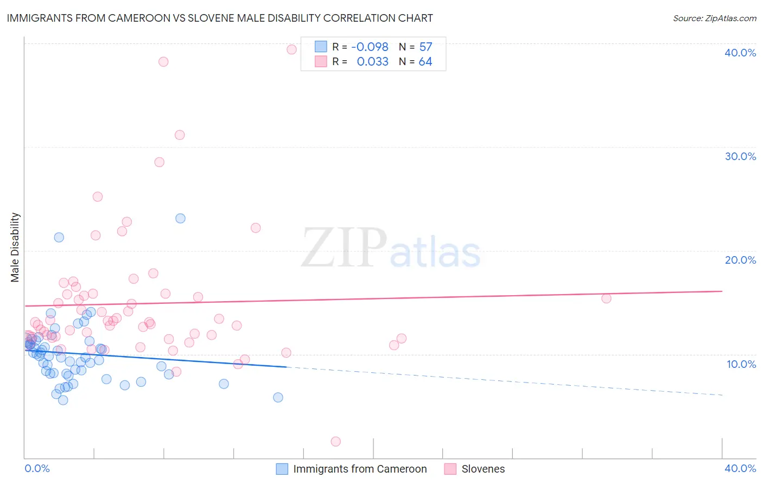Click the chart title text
[x=220, y=18]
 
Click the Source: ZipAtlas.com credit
[x=714, y=18]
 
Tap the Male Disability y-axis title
[x=15, y=247]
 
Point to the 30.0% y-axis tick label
[x=740, y=156]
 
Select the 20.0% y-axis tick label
[x=740, y=260]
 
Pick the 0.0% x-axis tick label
[x=37, y=468]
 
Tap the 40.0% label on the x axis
[x=740, y=468]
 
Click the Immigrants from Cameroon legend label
[x=360, y=469]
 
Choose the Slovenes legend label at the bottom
[x=483, y=469]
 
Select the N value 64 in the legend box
[x=425, y=62]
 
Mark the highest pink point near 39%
[x=291, y=49]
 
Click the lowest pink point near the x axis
[x=335, y=442]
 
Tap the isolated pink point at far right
[x=606, y=298]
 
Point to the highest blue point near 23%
[x=180, y=219]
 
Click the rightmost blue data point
[x=278, y=397]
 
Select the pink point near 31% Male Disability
[x=180, y=135]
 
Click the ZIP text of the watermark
[x=344, y=248]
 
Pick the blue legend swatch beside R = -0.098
[x=321, y=47]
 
